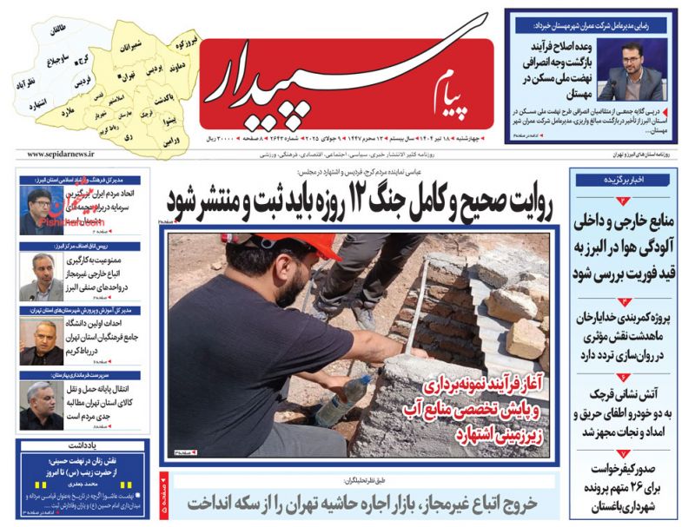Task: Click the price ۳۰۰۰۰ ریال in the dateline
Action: tap(222, 139)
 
